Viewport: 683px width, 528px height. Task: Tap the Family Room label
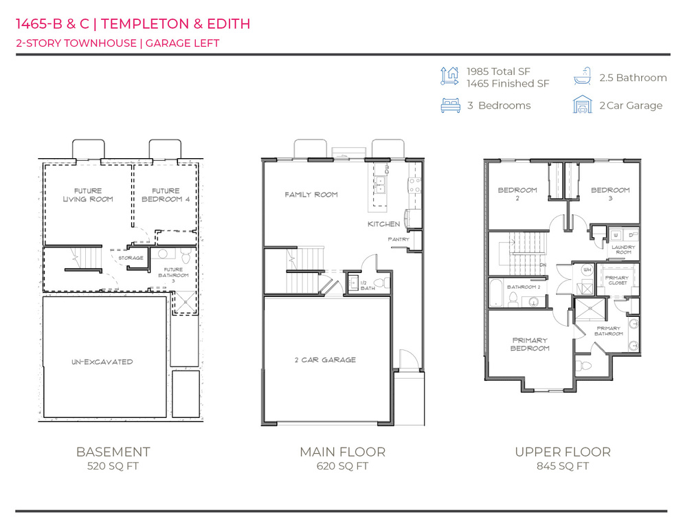(x=311, y=195)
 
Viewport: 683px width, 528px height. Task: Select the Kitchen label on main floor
(x=383, y=225)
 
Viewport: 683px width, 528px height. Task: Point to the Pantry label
(x=399, y=239)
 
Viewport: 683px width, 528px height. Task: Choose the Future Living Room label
(x=88, y=195)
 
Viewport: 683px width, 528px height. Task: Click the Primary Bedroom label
(x=530, y=344)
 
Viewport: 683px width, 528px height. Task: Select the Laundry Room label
(x=623, y=249)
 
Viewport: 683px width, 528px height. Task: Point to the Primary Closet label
(x=616, y=280)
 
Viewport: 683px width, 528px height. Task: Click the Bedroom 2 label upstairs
(x=517, y=193)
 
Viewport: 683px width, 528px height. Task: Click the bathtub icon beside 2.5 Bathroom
(x=582, y=77)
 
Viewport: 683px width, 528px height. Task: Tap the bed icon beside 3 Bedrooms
(x=449, y=105)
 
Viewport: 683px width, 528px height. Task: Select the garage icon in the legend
(x=582, y=105)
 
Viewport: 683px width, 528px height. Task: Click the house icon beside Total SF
(x=449, y=76)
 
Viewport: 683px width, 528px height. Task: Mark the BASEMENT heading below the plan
(x=113, y=452)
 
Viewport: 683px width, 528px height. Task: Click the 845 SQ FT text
(x=562, y=466)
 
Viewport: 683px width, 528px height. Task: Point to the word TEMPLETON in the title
(x=142, y=24)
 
